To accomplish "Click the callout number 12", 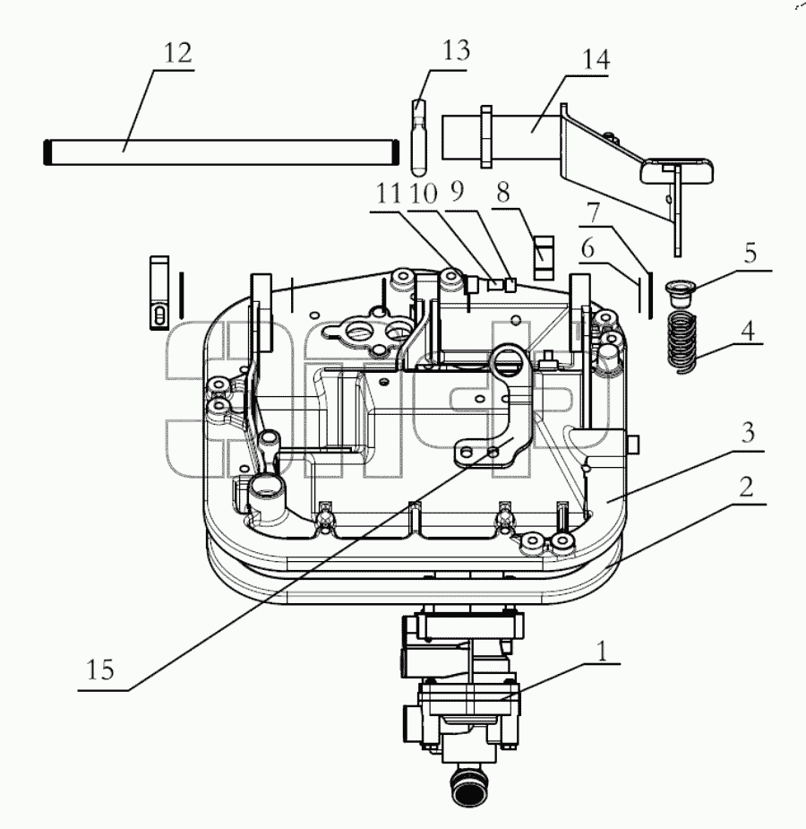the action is point(177,54).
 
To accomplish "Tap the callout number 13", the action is point(455,50).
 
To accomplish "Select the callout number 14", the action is point(596,60).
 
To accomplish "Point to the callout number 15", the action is point(99,669).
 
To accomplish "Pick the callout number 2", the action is point(746,487).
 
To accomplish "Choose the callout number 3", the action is point(748,433).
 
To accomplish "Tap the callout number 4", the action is point(748,331).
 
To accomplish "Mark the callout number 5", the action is point(750,254).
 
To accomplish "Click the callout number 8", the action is point(502,192).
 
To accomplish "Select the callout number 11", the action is point(389,193).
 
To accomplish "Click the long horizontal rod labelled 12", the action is point(221,152).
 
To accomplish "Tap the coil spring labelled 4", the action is point(682,343).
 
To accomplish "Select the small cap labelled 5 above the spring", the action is point(679,293).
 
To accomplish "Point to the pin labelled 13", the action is point(419,138).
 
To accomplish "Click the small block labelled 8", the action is point(544,257).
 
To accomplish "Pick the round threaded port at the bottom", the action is point(469,787).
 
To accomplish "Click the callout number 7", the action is point(594,213).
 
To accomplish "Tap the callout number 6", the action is point(587,248).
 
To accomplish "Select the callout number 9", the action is point(458,191).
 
